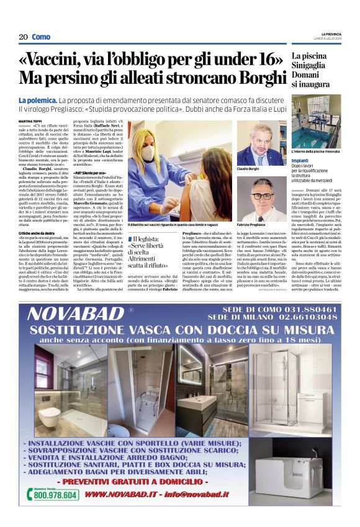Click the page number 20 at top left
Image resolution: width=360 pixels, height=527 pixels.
(23, 37)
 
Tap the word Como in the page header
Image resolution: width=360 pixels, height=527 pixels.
(41, 37)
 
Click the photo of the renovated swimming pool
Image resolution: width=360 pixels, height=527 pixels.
(316, 120)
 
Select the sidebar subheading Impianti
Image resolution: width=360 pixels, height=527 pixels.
(300, 160)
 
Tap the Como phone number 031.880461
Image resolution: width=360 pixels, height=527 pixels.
(310, 309)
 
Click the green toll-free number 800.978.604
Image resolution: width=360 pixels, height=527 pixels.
(56, 495)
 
